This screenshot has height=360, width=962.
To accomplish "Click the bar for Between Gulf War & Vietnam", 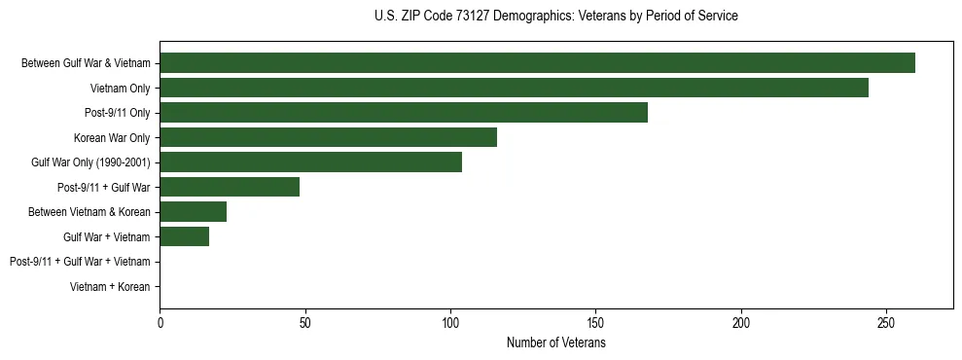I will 537,63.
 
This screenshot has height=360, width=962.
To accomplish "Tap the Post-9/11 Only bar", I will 404,113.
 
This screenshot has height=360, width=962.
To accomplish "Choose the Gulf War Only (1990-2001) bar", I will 310,162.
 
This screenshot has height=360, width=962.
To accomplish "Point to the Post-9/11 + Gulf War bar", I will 230,187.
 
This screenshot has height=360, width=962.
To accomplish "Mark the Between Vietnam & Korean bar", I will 193,212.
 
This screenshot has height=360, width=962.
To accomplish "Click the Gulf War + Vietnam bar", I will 184,236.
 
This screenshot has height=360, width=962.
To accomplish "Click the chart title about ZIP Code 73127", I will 555,17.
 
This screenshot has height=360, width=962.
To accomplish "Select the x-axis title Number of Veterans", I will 555,343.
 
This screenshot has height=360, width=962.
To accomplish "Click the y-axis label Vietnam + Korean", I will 110,287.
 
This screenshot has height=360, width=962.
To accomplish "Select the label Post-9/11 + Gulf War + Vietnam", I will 80,262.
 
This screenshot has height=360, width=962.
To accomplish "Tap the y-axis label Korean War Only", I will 112,138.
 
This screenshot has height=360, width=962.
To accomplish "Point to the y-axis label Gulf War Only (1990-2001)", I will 90,162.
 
